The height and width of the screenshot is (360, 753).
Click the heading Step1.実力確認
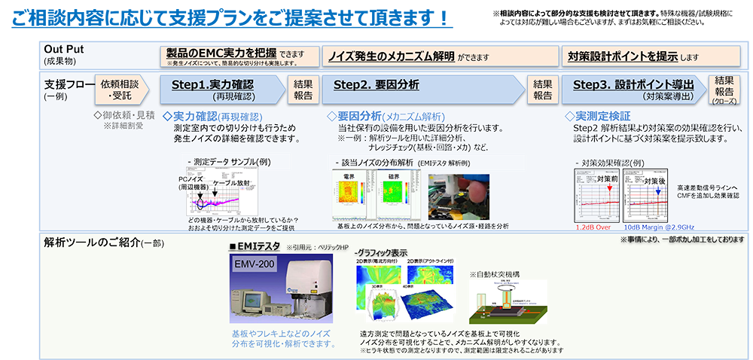coord(212,85)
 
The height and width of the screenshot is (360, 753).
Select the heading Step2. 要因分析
coord(376,85)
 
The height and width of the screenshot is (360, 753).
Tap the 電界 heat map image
coord(349,196)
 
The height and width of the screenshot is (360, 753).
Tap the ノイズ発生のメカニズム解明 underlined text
coord(391,56)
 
